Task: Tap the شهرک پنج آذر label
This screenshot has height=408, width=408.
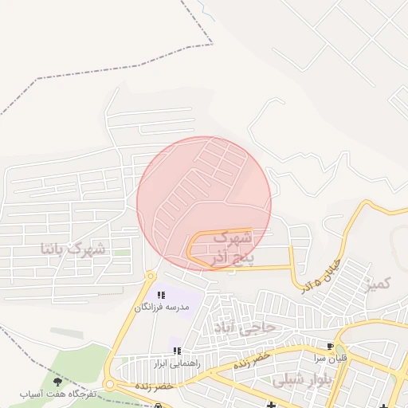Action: [231, 247]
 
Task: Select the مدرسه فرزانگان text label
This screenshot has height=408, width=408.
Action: [163, 307]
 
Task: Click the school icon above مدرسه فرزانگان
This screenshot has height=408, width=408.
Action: [161, 296]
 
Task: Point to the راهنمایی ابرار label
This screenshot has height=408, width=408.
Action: [175, 363]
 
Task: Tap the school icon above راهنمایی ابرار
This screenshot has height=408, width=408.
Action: [177, 351]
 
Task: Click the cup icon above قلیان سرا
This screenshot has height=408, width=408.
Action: [330, 347]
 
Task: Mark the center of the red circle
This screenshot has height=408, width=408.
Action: [204, 203]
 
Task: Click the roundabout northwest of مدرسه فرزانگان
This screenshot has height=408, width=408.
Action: [151, 277]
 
